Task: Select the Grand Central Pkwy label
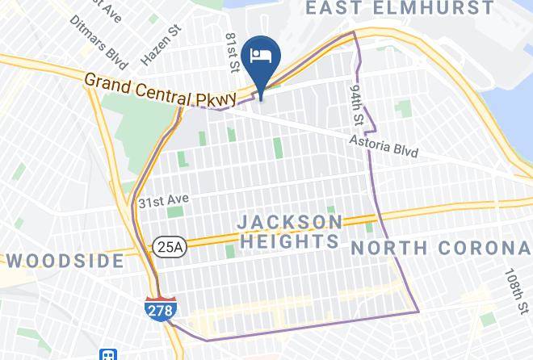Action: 161,90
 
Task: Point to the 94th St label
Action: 356,102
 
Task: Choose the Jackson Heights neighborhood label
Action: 290,231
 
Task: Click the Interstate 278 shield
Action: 159,308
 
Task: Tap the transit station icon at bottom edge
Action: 107,354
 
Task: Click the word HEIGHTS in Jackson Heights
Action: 289,241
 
